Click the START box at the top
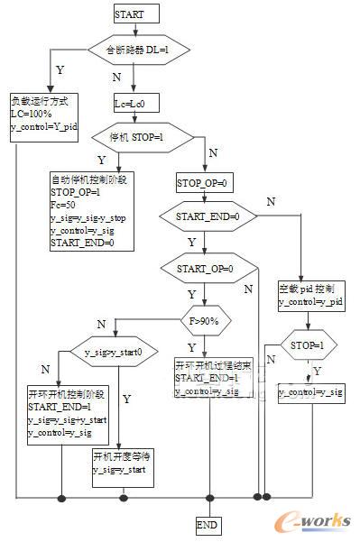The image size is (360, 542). click(135, 13)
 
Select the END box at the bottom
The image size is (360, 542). click(208, 524)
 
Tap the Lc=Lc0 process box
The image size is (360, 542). click(135, 104)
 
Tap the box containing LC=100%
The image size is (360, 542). click(43, 114)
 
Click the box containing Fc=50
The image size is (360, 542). click(92, 210)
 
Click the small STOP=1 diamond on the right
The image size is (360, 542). click(308, 344)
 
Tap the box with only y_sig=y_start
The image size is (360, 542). click(123, 463)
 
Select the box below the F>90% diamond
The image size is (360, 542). click(208, 378)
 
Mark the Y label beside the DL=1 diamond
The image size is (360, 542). click(60, 69)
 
